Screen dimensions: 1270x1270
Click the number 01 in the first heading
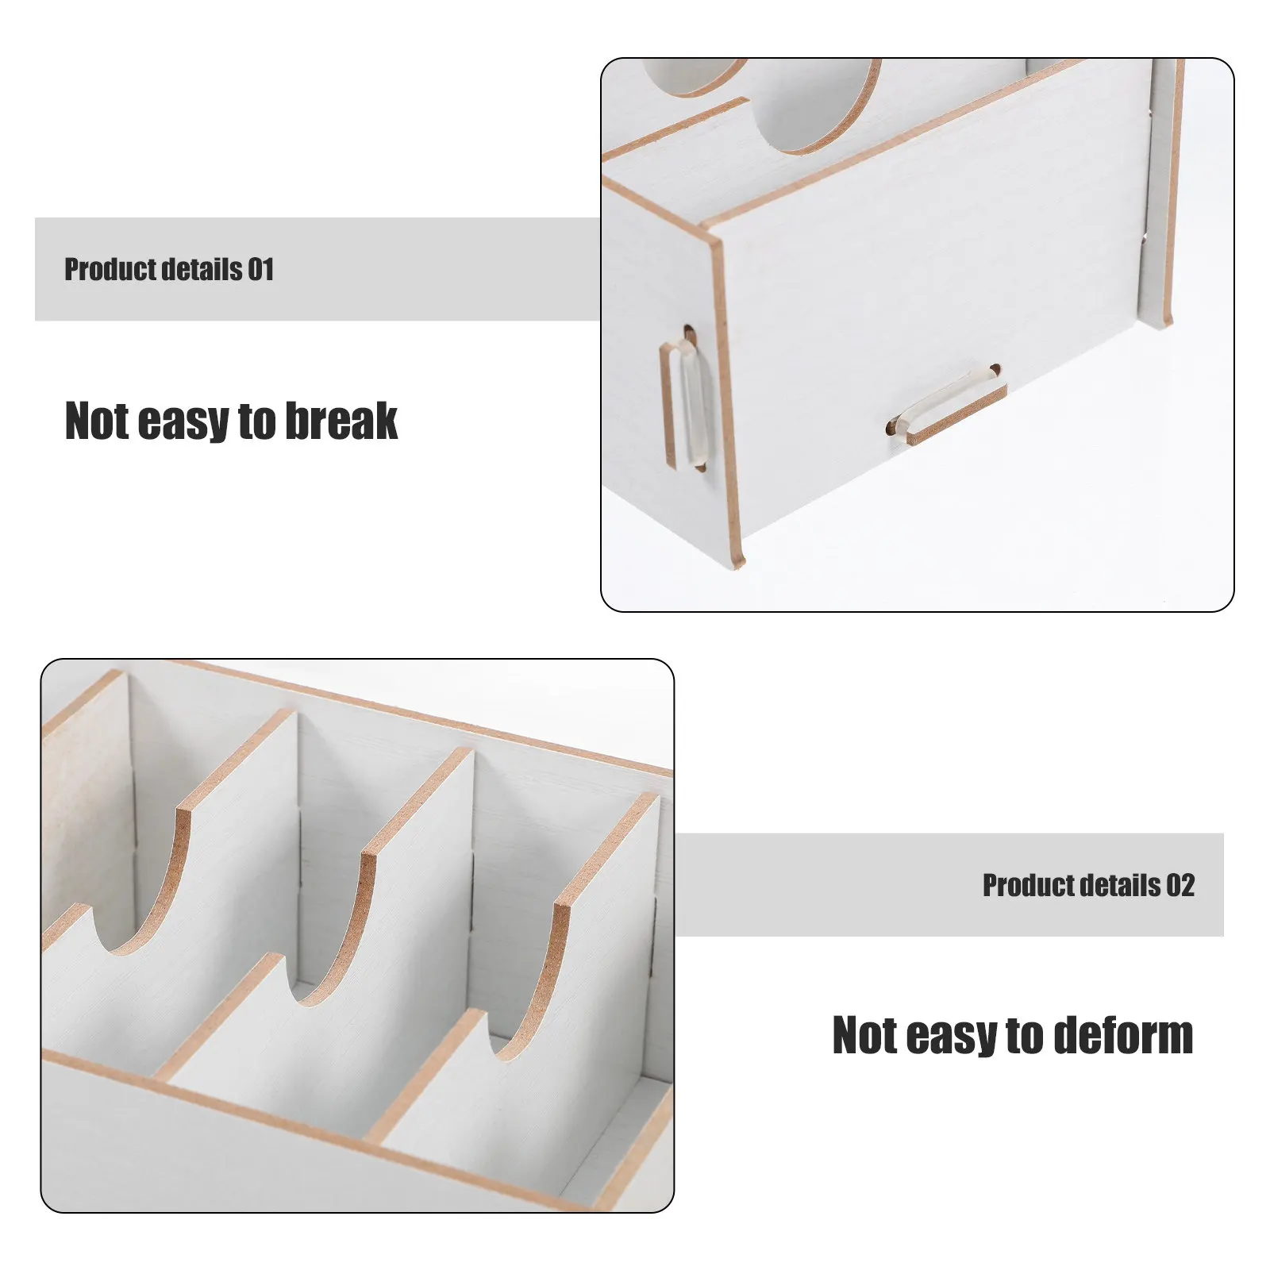click(260, 270)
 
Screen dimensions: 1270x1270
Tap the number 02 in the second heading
click(1180, 885)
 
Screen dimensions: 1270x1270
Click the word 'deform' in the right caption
click(1126, 1035)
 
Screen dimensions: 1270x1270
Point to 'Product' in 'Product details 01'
click(112, 270)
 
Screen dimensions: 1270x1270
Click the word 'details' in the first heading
click(203, 270)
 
